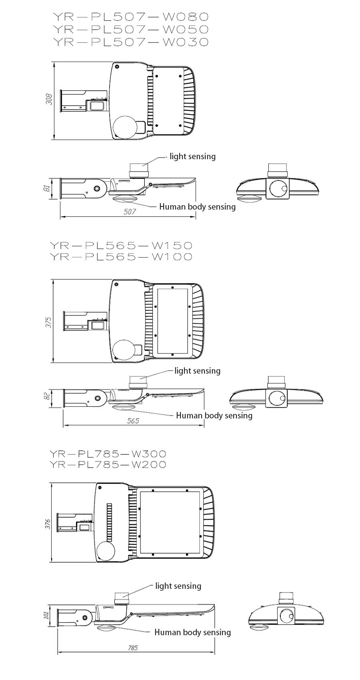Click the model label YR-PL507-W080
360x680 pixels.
click(130, 17)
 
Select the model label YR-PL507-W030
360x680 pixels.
click(130, 42)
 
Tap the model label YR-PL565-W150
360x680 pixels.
click(121, 245)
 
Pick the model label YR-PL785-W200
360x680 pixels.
click(108, 464)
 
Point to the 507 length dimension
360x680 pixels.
click(130, 212)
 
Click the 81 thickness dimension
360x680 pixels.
click(47, 188)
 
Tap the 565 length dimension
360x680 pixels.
click(133, 420)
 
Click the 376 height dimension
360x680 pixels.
click(48, 524)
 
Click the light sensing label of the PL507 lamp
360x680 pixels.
click(192, 157)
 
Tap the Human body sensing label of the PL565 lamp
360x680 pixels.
click(214, 416)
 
